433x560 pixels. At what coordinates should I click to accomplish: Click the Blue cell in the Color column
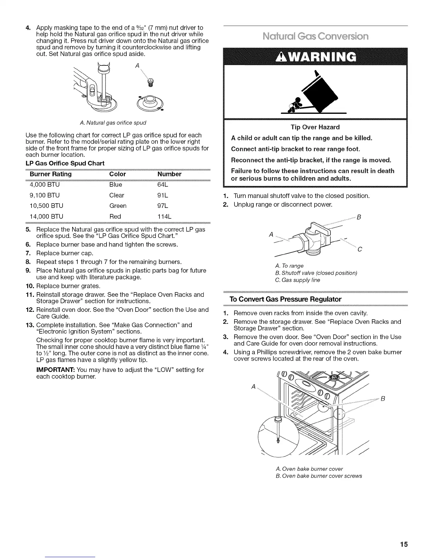(x=116, y=185)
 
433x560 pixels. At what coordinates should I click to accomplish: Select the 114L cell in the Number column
(x=164, y=216)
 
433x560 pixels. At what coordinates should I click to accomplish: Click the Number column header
(x=169, y=174)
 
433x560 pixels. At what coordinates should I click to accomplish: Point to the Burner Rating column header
(x=51, y=174)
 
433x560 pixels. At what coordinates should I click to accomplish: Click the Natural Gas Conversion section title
(x=316, y=36)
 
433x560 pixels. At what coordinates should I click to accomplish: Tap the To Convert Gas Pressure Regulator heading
(x=285, y=299)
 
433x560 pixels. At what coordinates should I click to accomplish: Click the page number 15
(x=404, y=544)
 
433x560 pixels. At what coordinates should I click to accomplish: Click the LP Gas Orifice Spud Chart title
(x=65, y=163)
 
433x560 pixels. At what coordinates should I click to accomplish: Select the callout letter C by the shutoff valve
(x=359, y=250)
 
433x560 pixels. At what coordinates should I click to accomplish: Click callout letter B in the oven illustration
(x=382, y=399)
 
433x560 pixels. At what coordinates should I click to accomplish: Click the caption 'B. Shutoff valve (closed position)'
(x=316, y=273)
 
